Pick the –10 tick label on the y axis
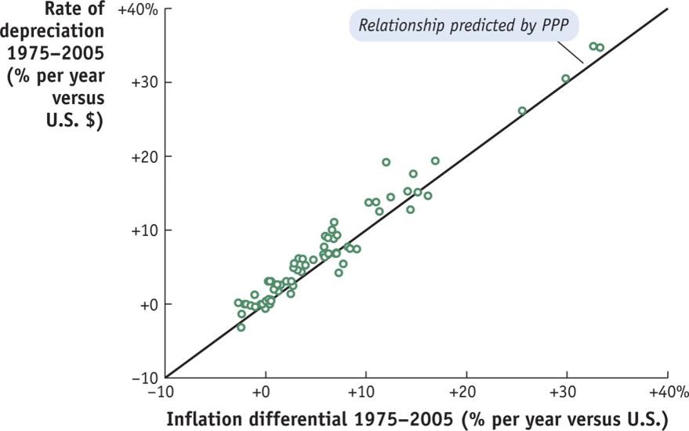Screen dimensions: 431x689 [147, 378]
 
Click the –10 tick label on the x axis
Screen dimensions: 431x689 [165, 391]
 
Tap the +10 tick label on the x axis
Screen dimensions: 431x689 [365, 391]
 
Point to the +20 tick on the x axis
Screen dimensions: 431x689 [466, 391]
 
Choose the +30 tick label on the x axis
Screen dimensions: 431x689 [566, 391]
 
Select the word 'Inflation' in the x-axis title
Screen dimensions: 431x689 [203, 415]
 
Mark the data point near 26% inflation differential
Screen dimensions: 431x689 [522, 110]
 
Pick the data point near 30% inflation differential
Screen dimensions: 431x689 [566, 78]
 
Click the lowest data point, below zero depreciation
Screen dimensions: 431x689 [241, 327]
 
